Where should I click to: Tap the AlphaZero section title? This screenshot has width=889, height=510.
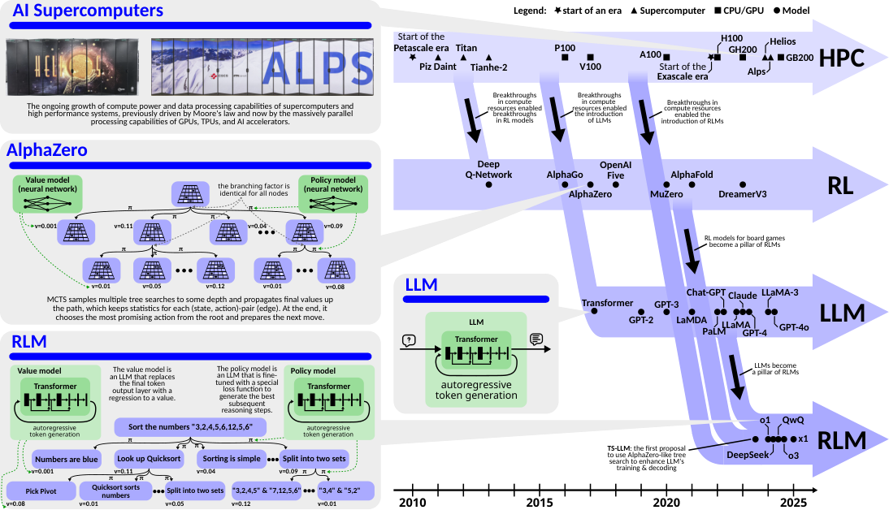(47, 150)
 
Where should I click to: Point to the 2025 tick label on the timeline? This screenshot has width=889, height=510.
(794, 503)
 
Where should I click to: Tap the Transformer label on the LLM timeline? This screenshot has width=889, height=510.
(607, 303)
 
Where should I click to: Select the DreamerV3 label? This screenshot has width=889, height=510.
(743, 195)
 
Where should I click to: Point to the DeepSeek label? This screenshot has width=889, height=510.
(747, 455)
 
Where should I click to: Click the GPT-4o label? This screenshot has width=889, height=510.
(793, 327)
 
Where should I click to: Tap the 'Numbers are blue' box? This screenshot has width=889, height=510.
(66, 458)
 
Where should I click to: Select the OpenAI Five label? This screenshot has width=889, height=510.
(615, 169)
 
